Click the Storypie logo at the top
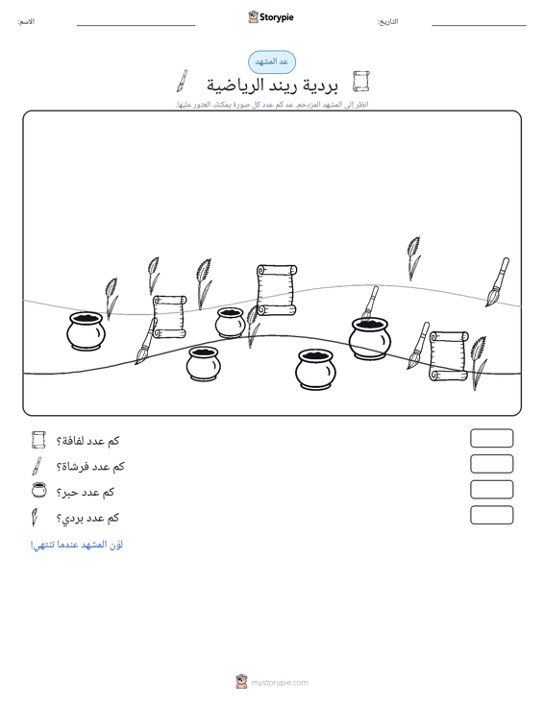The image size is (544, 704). coord(271,17)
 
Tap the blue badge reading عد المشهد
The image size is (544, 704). coord(272,62)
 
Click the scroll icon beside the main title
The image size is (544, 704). coord(360,82)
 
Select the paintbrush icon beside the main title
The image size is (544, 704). coord(182,81)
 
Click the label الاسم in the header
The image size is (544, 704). coord(26,21)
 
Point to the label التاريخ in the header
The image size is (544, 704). coord(387,21)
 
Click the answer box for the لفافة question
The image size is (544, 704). coord(491,438)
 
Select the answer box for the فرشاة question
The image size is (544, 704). coord(491,464)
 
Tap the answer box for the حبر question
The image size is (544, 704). coord(491,490)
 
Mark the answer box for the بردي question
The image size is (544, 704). coord(491,515)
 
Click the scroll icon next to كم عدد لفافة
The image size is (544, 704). coord(38,440)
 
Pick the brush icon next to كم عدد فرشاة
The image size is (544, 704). coord(37,466)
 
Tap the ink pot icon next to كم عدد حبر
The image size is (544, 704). coord(39,490)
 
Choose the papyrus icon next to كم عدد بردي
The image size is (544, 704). coord(35,518)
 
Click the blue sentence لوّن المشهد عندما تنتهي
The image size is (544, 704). coord(76,545)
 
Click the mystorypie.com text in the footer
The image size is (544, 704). coord(279,683)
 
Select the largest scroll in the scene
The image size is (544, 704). coord(277,290)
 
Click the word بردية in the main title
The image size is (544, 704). coord(320,85)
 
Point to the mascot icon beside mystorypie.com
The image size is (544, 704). coord(241,682)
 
